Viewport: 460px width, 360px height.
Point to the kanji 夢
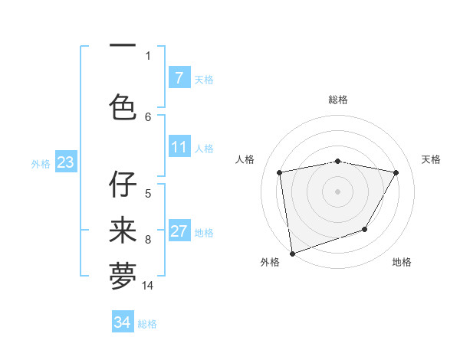(123, 277)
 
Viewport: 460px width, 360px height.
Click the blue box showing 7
(179, 78)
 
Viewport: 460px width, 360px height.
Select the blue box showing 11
(179, 148)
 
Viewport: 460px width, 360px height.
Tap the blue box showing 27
(179, 232)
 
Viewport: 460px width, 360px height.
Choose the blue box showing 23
(65, 163)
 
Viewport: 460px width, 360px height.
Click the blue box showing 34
(123, 323)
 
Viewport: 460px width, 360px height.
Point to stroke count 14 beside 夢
(148, 286)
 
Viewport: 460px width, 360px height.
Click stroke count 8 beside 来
(148, 240)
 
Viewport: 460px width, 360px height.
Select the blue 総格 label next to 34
(147, 324)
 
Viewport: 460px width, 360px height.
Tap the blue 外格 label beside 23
(40, 164)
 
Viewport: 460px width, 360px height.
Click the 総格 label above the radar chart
(338, 100)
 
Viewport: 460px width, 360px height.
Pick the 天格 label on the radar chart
(432, 159)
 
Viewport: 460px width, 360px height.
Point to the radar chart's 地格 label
(402, 262)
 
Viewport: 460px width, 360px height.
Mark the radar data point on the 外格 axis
(292, 253)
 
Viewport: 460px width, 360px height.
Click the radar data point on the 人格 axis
(280, 172)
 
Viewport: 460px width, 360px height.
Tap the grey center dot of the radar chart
(338, 191)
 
